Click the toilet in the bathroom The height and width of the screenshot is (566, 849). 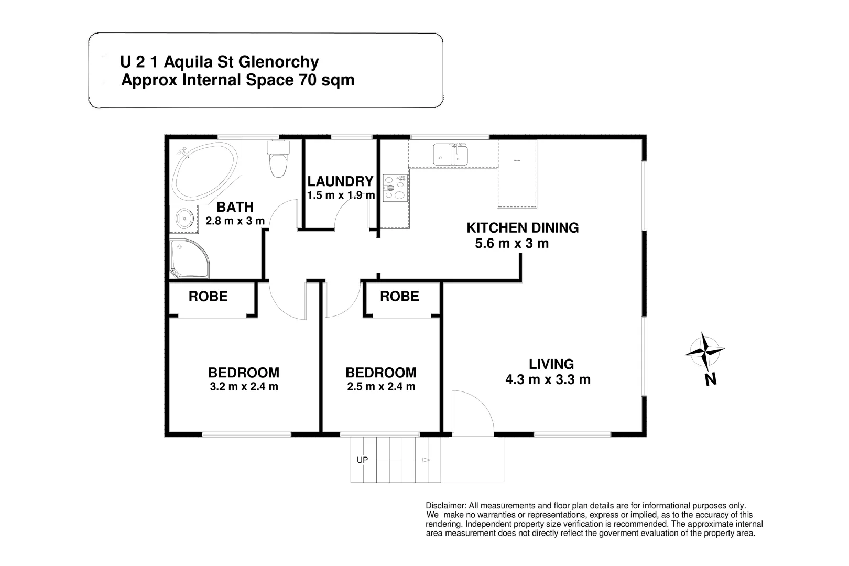(278, 160)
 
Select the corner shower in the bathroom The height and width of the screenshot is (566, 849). (188, 259)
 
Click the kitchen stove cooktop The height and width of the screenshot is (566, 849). (395, 188)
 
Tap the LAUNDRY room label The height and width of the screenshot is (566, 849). (340, 181)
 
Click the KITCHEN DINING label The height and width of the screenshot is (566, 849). (523, 228)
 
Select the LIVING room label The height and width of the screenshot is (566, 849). (551, 364)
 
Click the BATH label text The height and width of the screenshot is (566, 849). (235, 207)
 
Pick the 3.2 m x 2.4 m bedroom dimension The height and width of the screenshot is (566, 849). (244, 387)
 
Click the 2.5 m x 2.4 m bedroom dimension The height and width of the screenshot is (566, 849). (381, 387)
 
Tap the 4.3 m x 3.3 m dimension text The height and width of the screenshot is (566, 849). (548, 379)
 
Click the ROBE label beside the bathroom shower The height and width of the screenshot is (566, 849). (208, 297)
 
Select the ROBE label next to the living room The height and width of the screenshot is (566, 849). (399, 297)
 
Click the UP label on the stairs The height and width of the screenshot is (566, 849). (362, 460)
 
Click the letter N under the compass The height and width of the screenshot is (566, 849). (711, 379)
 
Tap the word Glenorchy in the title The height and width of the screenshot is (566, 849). (279, 62)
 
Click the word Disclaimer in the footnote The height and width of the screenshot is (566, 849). (445, 506)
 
